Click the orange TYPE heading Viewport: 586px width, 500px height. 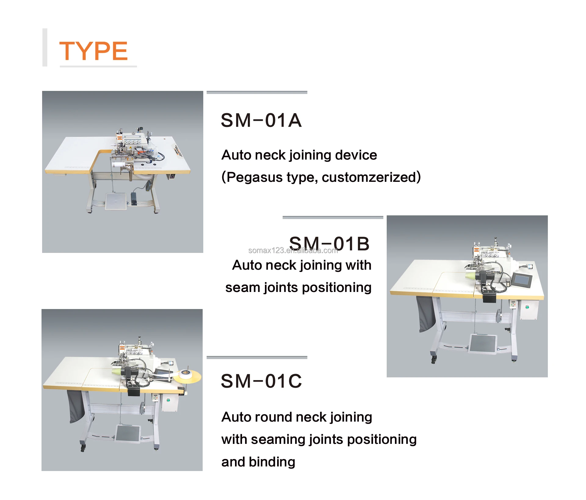93,51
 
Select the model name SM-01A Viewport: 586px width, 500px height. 261,120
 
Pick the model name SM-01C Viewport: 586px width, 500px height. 261,381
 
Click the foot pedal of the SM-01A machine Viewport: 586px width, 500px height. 116,201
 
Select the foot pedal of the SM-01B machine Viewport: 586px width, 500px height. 483,344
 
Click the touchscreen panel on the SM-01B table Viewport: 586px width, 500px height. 522,280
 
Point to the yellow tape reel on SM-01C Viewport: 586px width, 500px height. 187,376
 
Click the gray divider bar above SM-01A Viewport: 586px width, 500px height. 257,92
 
